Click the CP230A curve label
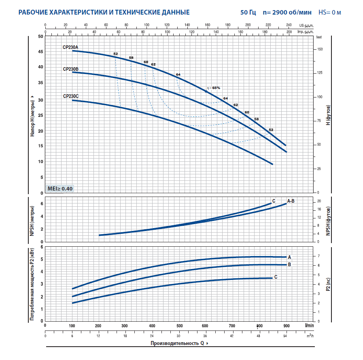coord(70,47)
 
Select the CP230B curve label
coord(70,69)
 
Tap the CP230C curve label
coord(70,96)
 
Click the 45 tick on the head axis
coord(40,52)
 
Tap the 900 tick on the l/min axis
coord(287,325)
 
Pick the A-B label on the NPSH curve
coord(291,201)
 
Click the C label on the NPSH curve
coord(274,201)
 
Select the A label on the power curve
coord(289,257)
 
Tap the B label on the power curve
coord(289,265)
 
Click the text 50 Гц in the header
coord(248,13)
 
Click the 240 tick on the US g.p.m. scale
coord(289,25)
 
